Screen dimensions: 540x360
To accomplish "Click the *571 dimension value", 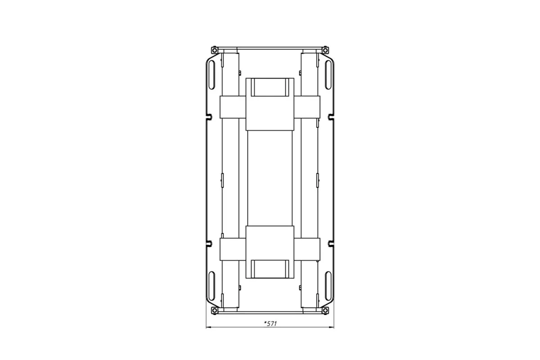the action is point(270,324).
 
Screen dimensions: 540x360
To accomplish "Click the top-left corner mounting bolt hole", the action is point(214,50).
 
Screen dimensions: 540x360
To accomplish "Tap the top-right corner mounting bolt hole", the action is point(325,50).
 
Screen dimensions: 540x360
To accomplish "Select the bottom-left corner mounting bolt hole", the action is point(214,310).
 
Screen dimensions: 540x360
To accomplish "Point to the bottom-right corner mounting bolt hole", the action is point(325,310).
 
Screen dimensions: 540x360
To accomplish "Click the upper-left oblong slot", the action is point(211,75).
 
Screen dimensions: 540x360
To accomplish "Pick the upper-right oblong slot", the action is point(328,75).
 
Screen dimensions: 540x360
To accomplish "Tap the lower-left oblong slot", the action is point(211,286).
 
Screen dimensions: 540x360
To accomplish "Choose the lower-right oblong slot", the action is point(328,286).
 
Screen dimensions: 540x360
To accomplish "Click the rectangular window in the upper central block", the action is point(270,87).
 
